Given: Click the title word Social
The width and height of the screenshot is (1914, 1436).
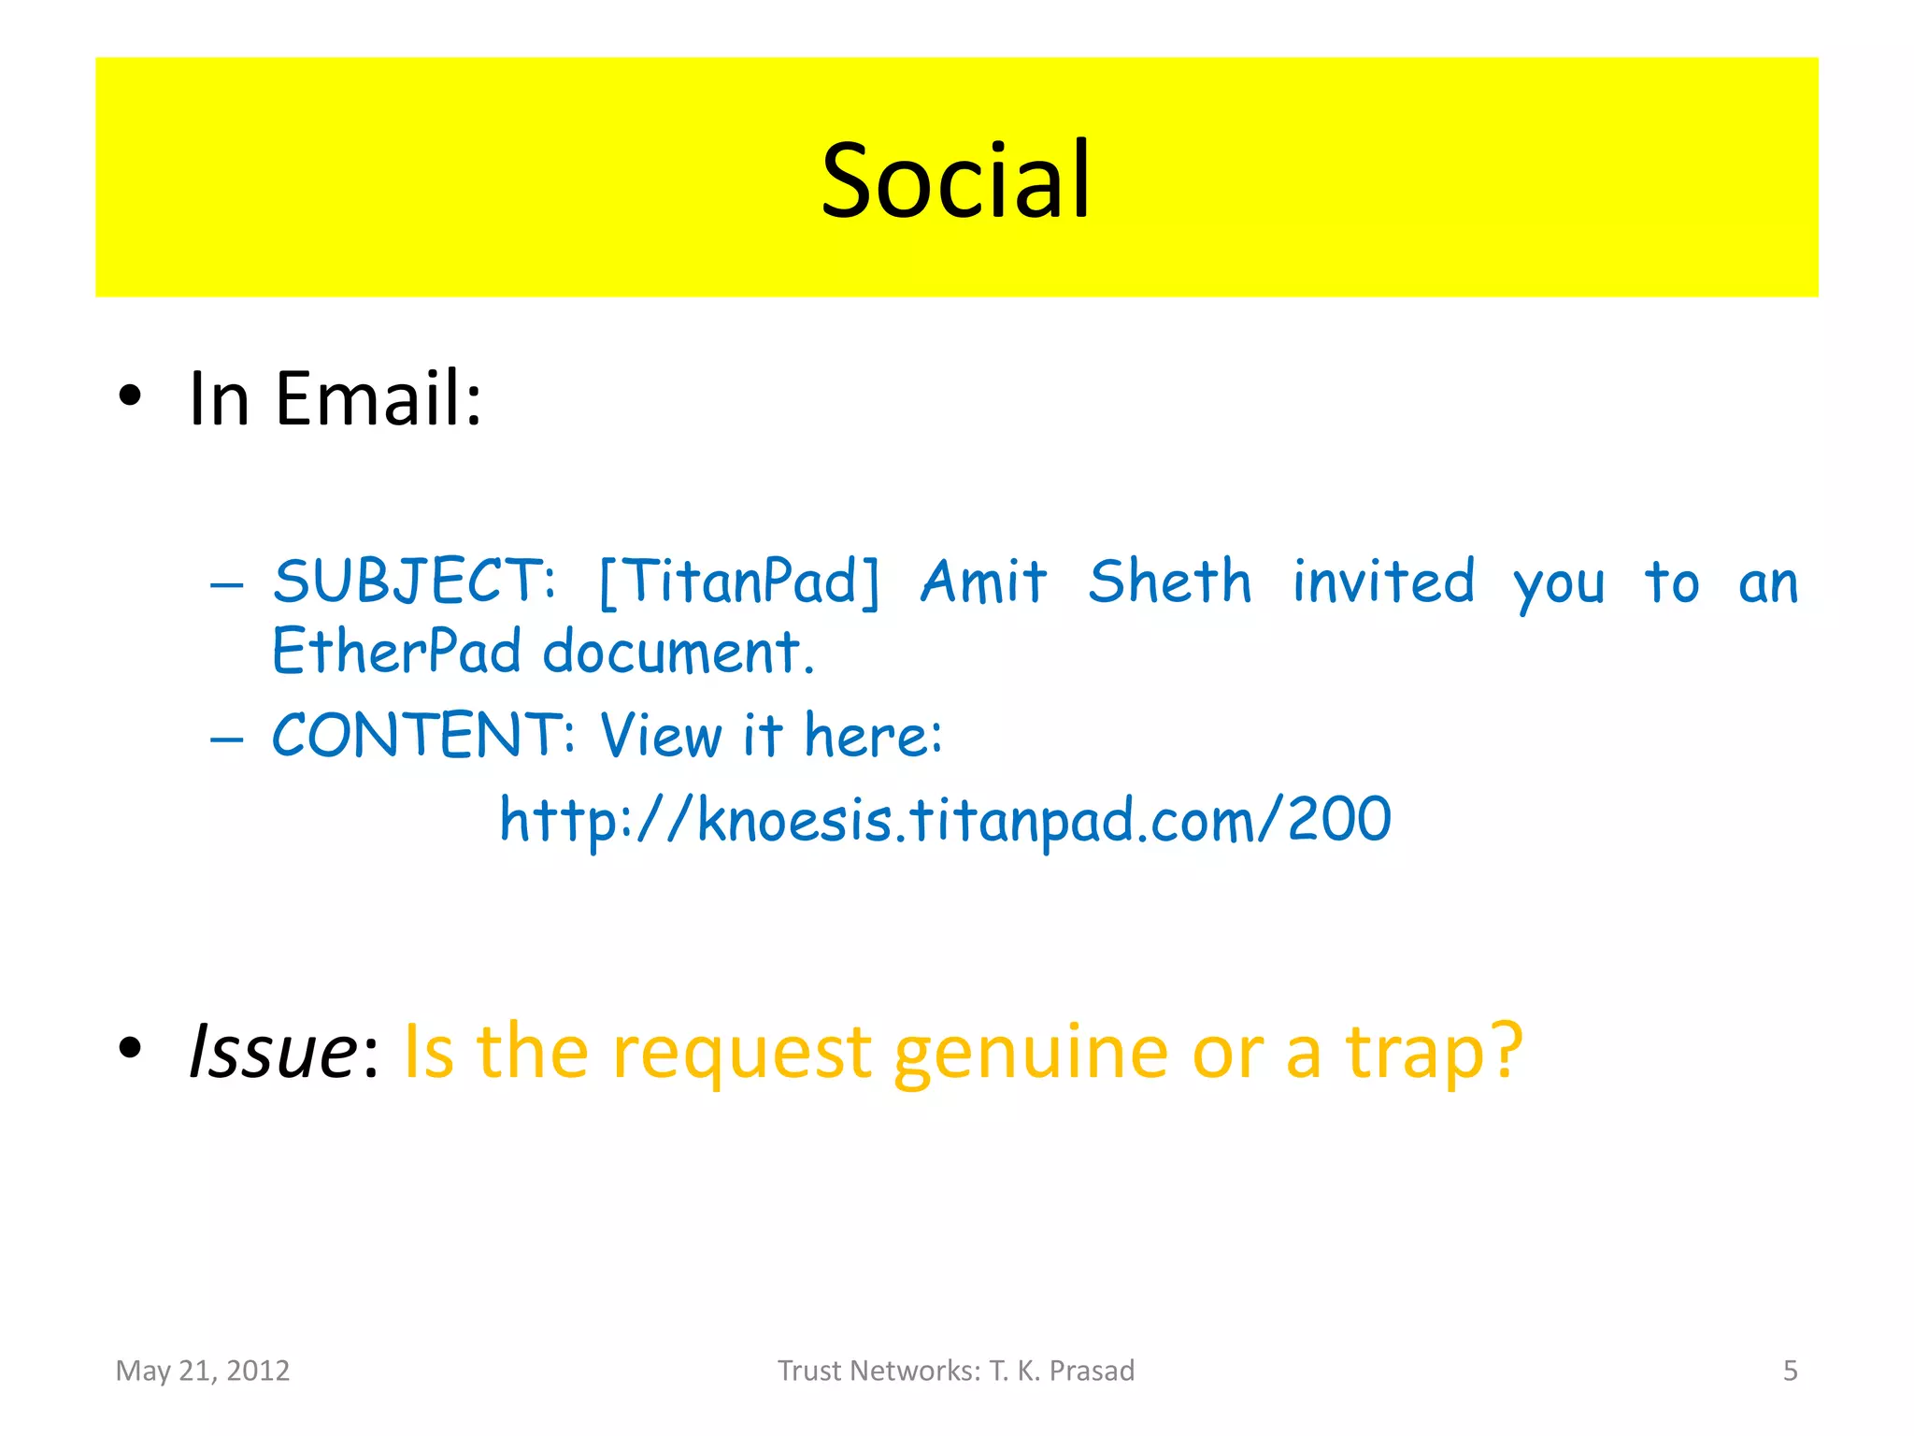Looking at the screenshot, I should click(955, 179).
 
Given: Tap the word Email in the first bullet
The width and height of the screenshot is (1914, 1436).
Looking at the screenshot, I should click(379, 398).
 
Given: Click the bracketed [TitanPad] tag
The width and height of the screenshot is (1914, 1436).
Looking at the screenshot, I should click(739, 582).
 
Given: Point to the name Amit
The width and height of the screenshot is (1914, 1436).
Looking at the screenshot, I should click(984, 582).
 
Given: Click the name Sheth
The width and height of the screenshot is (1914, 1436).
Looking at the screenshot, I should click(1170, 582).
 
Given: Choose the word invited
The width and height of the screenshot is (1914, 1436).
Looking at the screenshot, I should click(1383, 582).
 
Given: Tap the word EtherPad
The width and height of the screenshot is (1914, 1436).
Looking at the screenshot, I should click(396, 651).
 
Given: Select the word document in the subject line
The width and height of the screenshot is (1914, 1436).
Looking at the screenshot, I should click(678, 651).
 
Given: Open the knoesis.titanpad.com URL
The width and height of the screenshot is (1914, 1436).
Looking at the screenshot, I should click(945, 820).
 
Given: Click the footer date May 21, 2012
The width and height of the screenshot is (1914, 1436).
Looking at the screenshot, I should click(203, 1371).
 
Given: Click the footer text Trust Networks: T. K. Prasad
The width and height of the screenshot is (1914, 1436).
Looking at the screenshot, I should click(956, 1371).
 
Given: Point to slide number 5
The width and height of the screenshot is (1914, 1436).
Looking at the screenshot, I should click(1790, 1371).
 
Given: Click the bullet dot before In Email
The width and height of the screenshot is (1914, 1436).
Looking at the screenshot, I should click(130, 396).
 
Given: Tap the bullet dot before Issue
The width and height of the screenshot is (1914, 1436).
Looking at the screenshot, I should click(130, 1049).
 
